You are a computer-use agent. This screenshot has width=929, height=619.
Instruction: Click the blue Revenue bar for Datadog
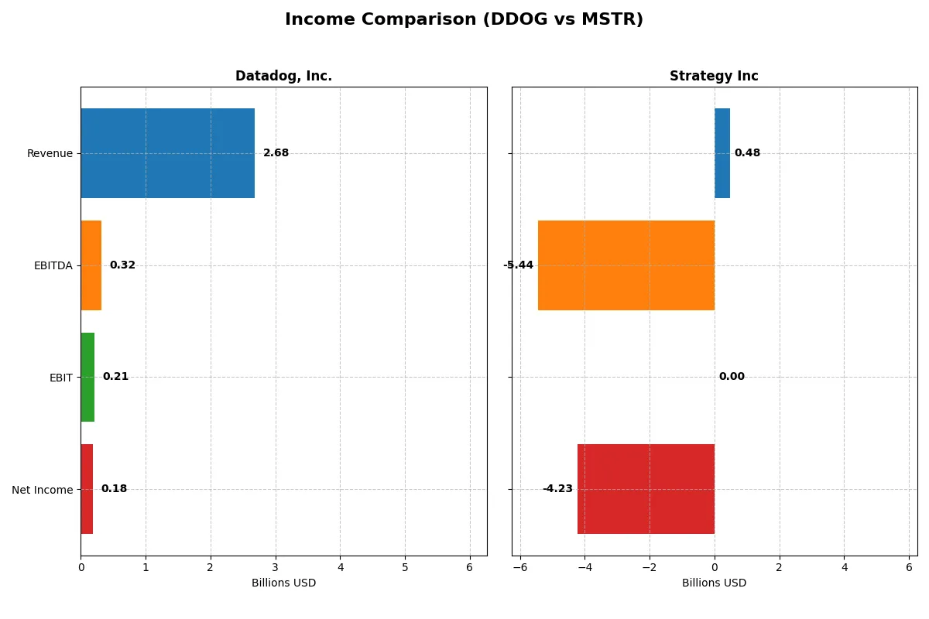coord(167,153)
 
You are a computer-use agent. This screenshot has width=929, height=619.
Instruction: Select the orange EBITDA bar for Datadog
coord(91,265)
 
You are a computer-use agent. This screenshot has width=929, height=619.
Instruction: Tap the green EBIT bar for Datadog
coord(87,377)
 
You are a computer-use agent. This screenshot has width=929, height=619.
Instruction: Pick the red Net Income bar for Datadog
coord(87,489)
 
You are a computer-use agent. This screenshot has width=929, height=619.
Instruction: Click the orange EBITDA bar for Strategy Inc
coord(626,265)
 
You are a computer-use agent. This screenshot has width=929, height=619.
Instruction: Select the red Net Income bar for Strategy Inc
coord(646,489)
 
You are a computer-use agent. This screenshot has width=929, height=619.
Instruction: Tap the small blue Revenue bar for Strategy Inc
coord(722,153)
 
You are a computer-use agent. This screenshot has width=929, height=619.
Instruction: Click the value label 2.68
coord(276,153)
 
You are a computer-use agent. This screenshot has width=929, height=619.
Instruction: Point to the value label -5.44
coord(518,265)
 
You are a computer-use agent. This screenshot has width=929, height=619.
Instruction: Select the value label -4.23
coord(557,489)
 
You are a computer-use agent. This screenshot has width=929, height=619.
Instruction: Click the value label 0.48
coord(747,153)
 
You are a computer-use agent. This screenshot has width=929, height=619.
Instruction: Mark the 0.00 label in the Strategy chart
coord(732,377)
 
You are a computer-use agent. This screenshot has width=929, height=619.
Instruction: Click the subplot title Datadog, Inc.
coord(283,77)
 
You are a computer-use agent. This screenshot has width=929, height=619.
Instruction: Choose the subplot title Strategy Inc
coord(714,77)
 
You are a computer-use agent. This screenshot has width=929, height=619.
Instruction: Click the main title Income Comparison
coord(464,20)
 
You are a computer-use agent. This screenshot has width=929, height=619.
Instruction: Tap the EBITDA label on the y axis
coord(53,265)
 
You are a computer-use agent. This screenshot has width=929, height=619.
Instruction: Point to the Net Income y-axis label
coord(43,490)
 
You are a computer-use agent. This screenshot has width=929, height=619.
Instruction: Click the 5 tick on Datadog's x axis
coord(405,567)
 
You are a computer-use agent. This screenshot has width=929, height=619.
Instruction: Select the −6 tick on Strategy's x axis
coord(520,567)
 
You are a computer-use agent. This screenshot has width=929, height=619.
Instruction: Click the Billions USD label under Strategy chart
coord(714,583)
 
